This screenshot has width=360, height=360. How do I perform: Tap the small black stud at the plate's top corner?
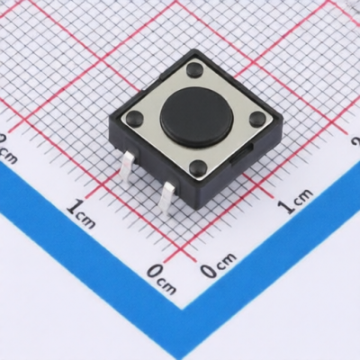coord(194,68)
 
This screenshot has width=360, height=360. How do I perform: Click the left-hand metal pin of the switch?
coord(128,165)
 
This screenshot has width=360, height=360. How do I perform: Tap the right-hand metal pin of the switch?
coord(167,196)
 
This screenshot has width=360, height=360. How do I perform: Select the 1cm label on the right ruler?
coord(294,201)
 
